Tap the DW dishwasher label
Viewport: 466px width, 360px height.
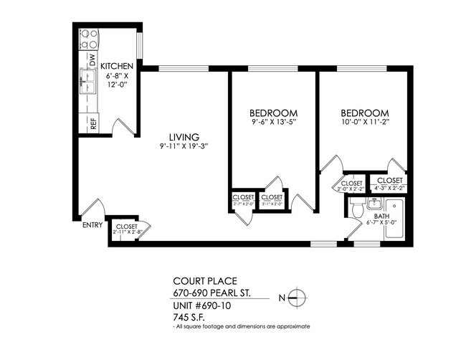pyautogui.click(x=92, y=59)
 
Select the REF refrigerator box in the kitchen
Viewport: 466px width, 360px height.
pyautogui.click(x=92, y=123)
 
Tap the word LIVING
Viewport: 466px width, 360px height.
pyautogui.click(x=184, y=137)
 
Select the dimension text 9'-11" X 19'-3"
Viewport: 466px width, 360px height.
pyautogui.click(x=184, y=147)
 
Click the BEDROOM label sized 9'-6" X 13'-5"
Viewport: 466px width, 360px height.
pyautogui.click(x=273, y=113)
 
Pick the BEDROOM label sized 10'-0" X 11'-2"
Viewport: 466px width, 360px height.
pyautogui.click(x=364, y=113)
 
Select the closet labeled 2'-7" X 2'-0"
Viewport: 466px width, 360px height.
pyautogui.click(x=243, y=200)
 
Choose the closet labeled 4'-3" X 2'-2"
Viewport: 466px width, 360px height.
pyautogui.click(x=389, y=184)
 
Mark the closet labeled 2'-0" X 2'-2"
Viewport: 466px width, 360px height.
pyautogui.click(x=351, y=186)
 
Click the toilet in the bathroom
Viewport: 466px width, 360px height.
pyautogui.click(x=358, y=209)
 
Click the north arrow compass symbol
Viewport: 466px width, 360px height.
pyautogui.click(x=300, y=297)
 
